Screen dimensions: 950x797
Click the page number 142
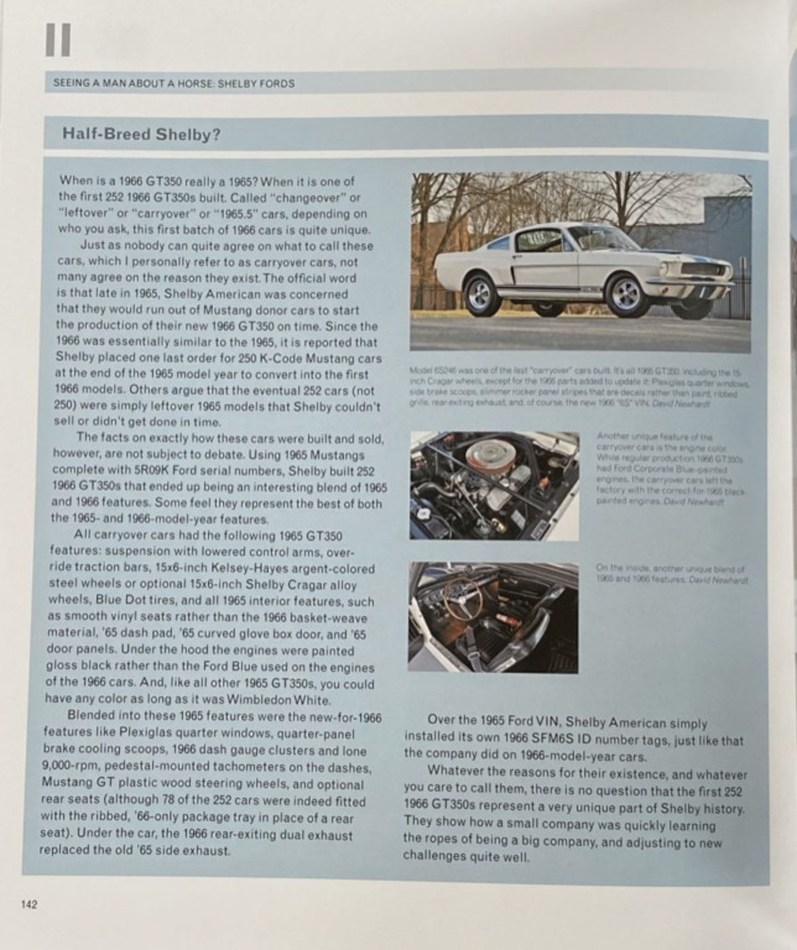click(29, 904)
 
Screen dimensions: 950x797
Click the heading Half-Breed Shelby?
click(141, 134)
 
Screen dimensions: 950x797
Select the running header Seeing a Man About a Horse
click(174, 83)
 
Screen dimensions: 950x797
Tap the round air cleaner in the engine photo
click(483, 466)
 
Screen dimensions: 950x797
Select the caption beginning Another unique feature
click(669, 468)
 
